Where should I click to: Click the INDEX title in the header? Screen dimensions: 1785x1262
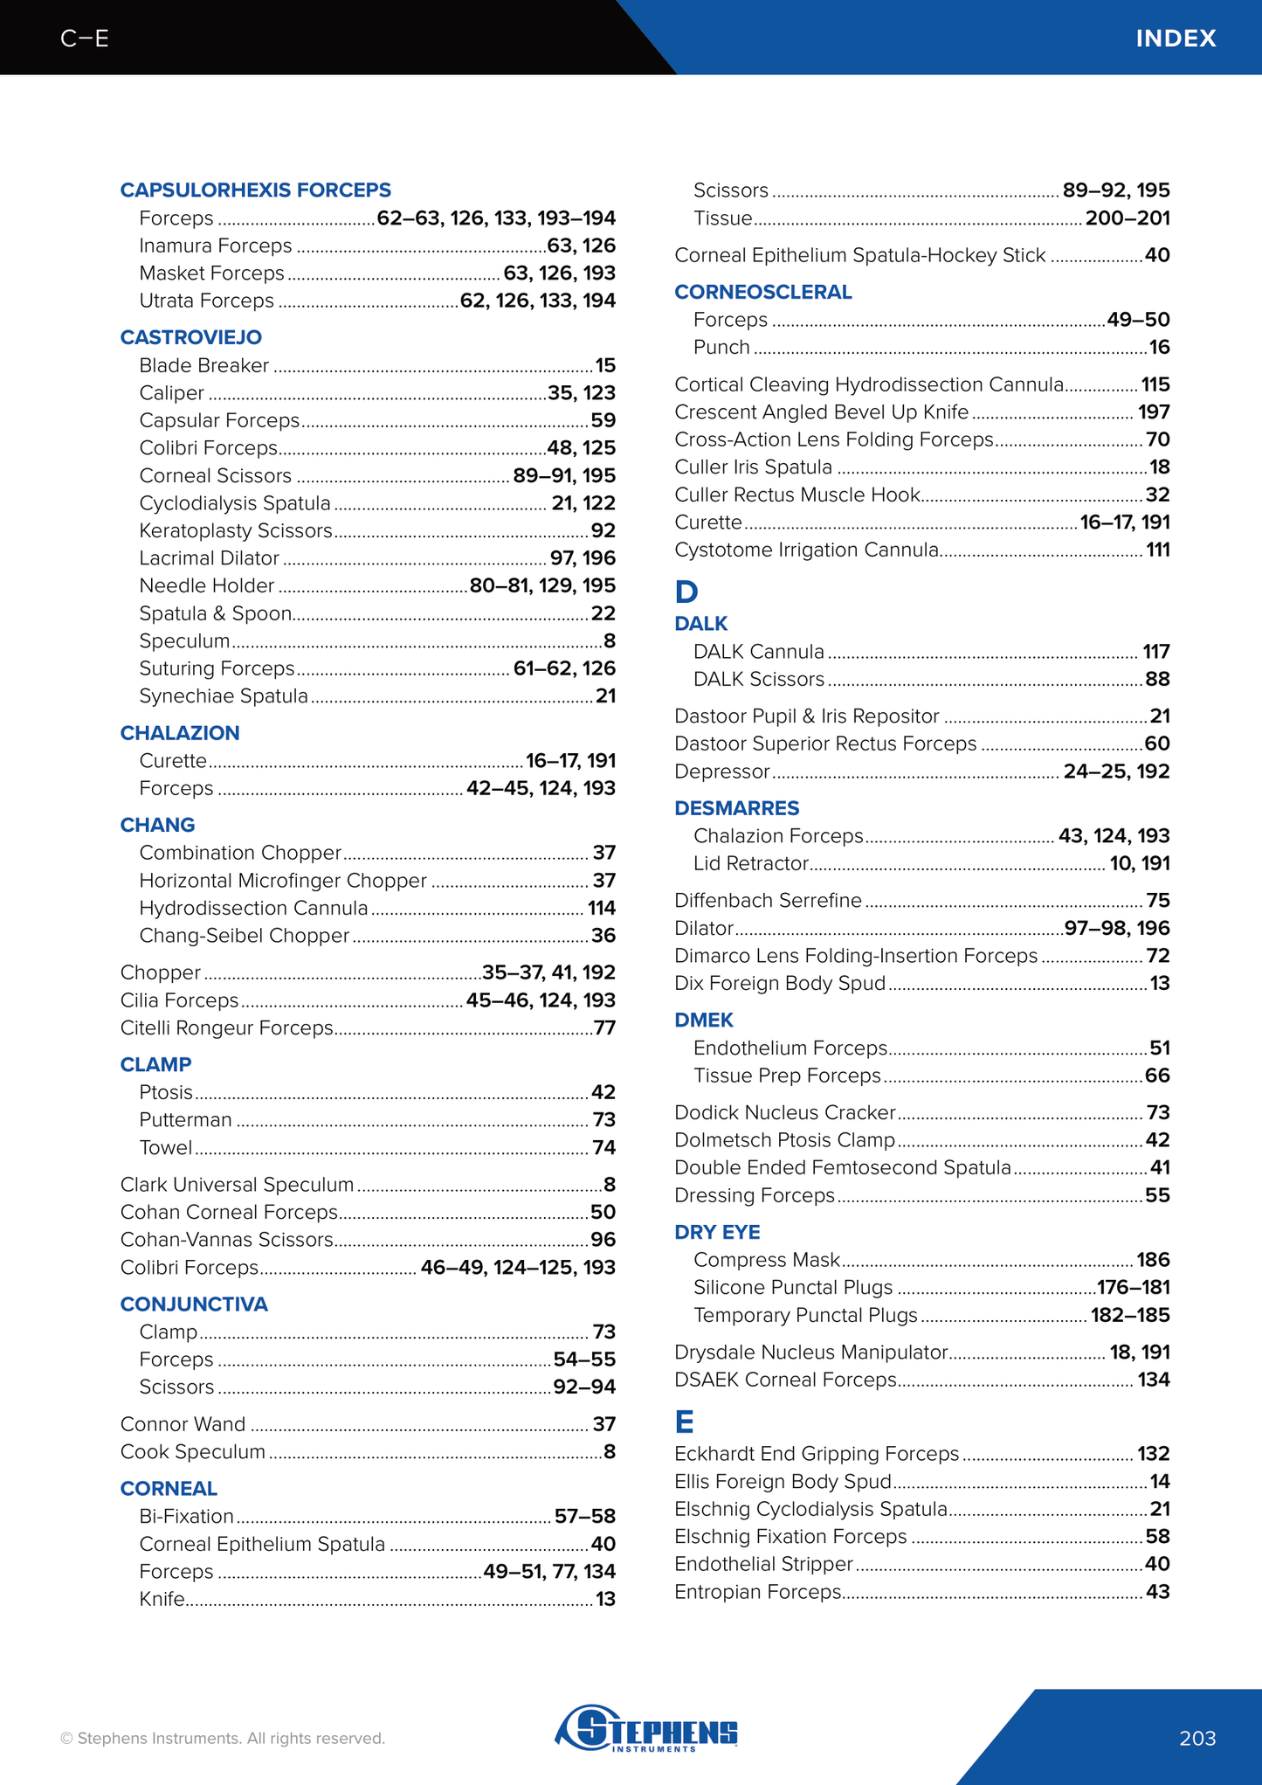tap(1175, 38)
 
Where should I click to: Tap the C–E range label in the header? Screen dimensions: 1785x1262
tap(85, 38)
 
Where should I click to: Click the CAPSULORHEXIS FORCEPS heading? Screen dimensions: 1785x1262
tap(255, 190)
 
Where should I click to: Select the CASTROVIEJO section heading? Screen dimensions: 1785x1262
tap(190, 337)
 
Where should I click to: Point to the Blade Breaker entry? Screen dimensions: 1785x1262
tap(203, 365)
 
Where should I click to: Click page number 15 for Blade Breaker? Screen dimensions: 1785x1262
tap(605, 365)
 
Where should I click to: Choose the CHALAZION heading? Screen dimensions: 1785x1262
tap(179, 733)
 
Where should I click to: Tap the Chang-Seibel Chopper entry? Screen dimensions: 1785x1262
tap(244, 936)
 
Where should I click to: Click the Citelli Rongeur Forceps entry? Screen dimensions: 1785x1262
tap(226, 1028)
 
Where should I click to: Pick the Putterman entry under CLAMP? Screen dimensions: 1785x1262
tap(185, 1120)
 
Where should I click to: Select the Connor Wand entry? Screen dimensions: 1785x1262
tap(183, 1424)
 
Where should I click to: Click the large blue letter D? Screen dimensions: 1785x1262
tap(686, 592)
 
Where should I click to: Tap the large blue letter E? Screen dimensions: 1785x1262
tap(684, 1422)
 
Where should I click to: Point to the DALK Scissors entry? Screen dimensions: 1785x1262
tap(758, 679)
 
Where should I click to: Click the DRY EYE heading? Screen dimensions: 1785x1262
tap(717, 1232)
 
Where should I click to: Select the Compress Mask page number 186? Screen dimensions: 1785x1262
tap(1153, 1260)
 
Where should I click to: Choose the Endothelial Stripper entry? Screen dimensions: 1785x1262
tap(763, 1564)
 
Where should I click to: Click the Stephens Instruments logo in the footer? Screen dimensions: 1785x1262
tap(646, 1728)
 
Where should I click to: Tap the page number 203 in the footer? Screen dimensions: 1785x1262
tap(1196, 1738)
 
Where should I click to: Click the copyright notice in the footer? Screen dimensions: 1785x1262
tap(222, 1738)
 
